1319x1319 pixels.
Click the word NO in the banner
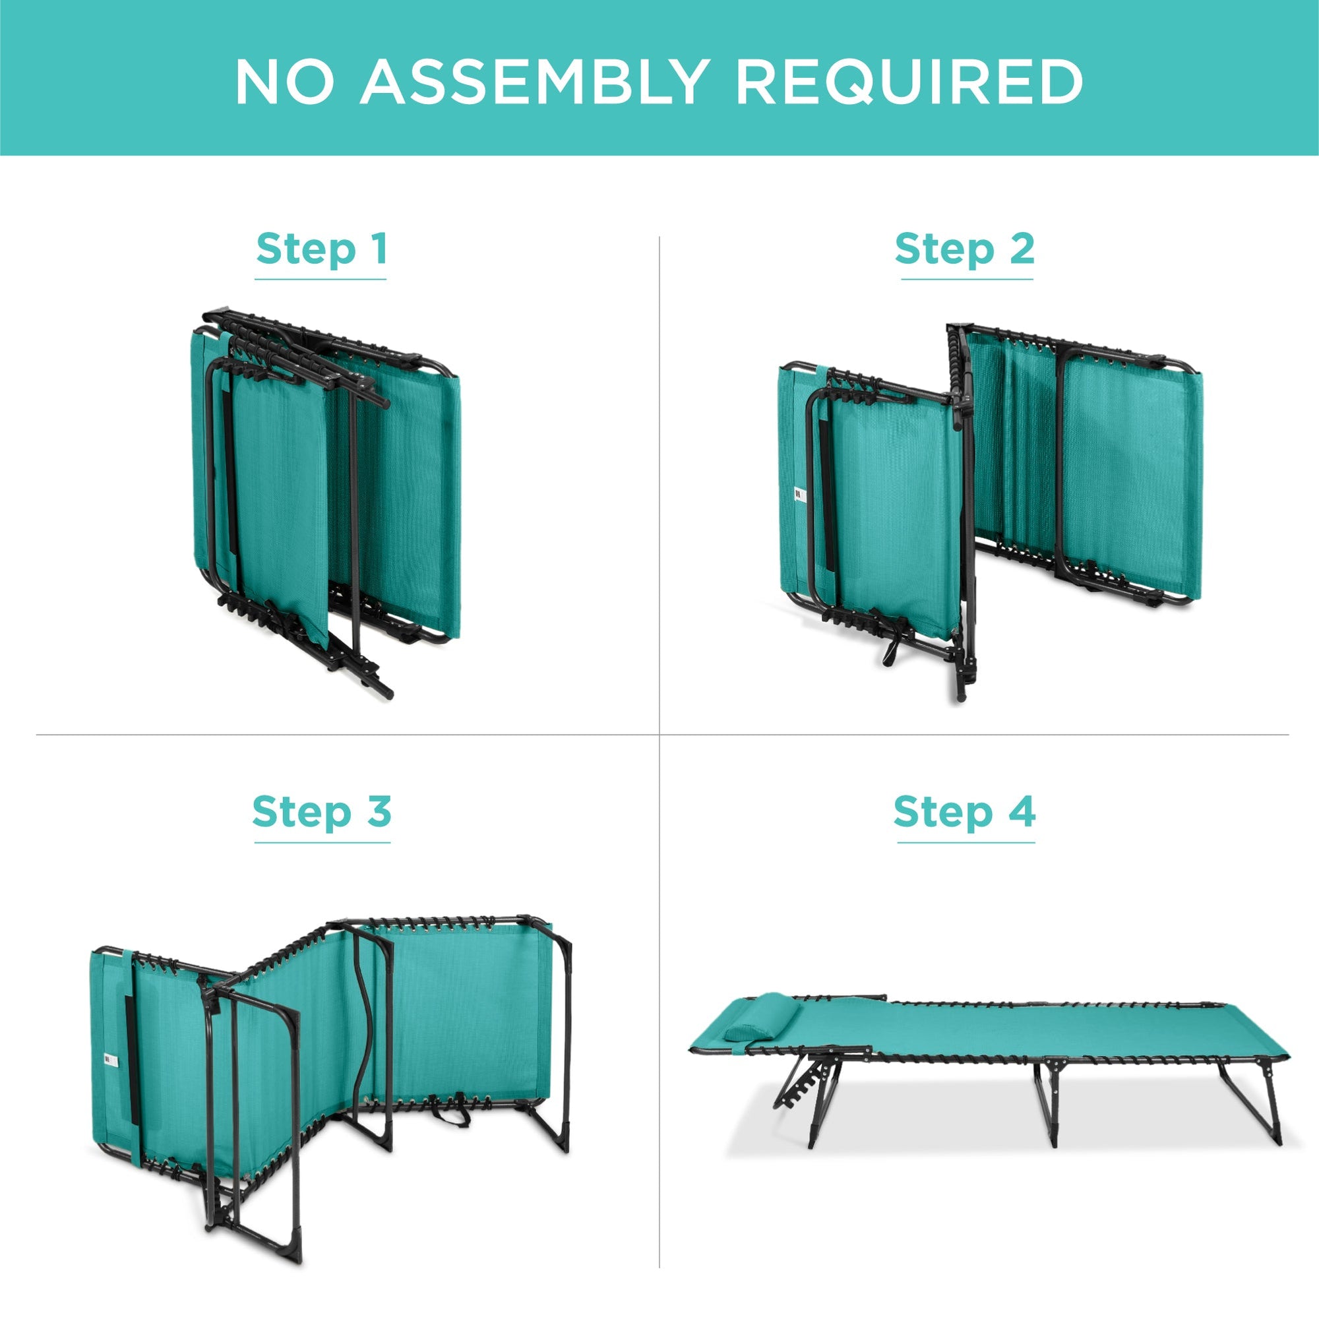[285, 81]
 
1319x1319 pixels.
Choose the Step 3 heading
[322, 812]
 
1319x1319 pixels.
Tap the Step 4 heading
[965, 812]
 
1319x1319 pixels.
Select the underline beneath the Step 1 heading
[321, 279]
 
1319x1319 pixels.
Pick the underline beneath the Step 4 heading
[966, 842]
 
